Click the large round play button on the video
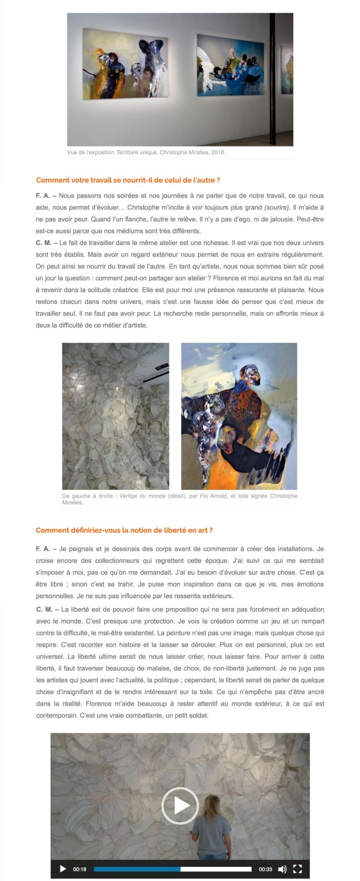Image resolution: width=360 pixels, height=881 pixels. click(180, 806)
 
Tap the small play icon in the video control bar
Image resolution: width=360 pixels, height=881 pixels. click(63, 869)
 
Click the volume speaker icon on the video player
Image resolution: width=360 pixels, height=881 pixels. click(282, 869)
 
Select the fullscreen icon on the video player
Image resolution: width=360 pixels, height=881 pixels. click(297, 869)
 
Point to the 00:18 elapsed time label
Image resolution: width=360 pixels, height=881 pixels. click(80, 869)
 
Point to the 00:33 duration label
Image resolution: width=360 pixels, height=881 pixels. click(265, 869)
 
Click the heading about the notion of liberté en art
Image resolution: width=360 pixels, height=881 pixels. click(124, 530)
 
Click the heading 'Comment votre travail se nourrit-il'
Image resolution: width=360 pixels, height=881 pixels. click(128, 180)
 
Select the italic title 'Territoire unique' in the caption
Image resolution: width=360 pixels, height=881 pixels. click(136, 152)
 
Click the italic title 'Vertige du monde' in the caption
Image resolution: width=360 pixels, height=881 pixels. click(142, 496)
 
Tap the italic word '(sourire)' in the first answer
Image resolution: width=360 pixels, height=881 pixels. click(277, 207)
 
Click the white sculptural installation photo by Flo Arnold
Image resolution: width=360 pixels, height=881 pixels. click(116, 416)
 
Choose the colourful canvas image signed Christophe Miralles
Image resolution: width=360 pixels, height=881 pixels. click(239, 416)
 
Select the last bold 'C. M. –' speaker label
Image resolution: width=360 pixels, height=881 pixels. click(47, 609)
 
